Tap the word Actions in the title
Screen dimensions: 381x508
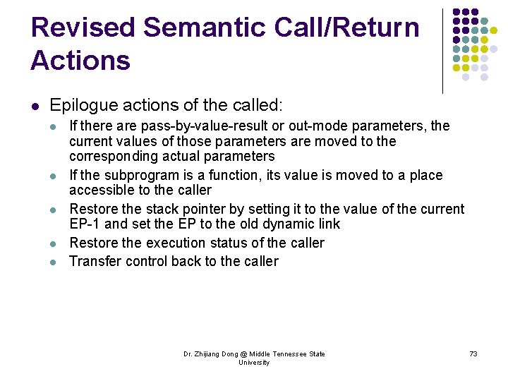[80, 61]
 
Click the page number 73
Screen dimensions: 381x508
[473, 353]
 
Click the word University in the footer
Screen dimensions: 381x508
[254, 363]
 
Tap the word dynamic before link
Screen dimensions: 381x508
[287, 224]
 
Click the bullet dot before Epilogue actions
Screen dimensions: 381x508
[34, 107]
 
